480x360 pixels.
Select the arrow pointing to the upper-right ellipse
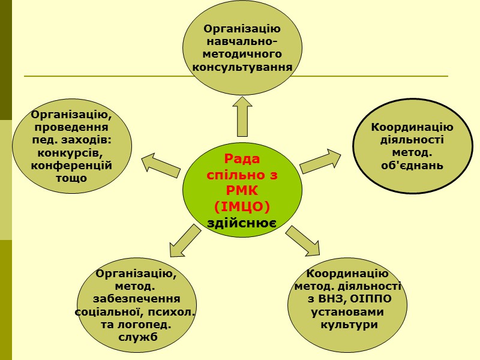[x=320, y=161]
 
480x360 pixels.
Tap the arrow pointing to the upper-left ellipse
[x=161, y=164]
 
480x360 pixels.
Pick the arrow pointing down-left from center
[x=184, y=240]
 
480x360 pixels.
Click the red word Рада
[x=242, y=159]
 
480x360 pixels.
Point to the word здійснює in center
[x=241, y=223]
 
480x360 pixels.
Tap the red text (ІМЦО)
[x=242, y=207]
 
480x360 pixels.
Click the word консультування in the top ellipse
[x=242, y=67]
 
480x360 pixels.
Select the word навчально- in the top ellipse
[x=242, y=41]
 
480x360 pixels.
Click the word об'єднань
[x=412, y=165]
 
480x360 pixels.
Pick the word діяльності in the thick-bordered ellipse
[x=412, y=140]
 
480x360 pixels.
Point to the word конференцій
[x=72, y=165]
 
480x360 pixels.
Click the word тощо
[x=71, y=178]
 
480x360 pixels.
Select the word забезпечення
[x=137, y=299]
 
